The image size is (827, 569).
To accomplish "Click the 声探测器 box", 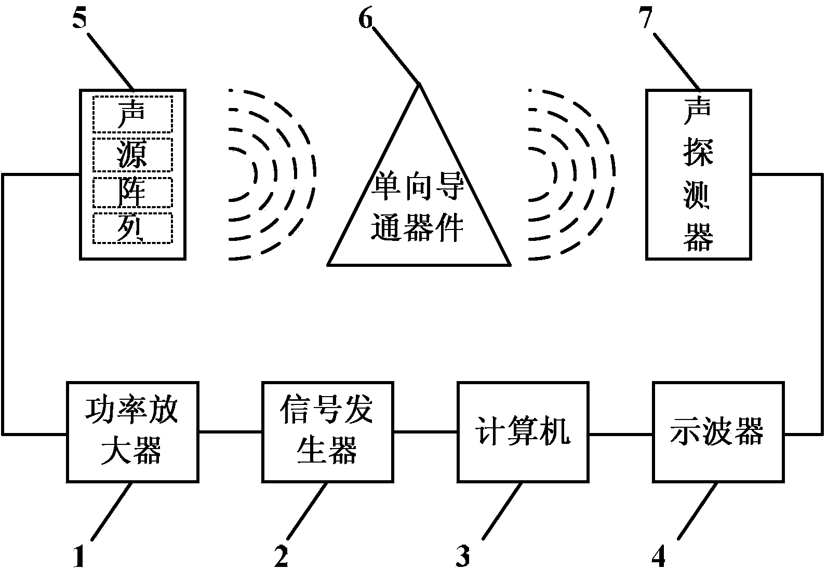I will click(x=699, y=174).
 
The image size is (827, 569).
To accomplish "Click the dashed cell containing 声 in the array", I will click(x=132, y=114).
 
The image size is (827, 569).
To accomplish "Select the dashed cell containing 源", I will click(x=132, y=155).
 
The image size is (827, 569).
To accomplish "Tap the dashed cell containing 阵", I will click(x=132, y=193).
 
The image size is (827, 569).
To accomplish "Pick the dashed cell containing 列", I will click(x=132, y=228).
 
